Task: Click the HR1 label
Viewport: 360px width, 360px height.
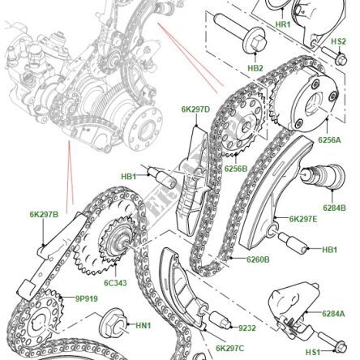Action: tap(282, 24)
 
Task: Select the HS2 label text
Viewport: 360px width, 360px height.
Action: tap(339, 41)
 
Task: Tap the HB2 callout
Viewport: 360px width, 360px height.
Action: tap(255, 68)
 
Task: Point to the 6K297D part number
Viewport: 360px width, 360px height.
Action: tap(195, 109)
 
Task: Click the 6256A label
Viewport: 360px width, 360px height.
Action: tap(328, 139)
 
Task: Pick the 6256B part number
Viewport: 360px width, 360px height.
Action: tap(235, 169)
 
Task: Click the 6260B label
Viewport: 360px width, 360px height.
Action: tap(258, 259)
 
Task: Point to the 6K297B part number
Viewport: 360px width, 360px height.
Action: tap(44, 214)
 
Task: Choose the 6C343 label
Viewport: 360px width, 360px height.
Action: tap(115, 283)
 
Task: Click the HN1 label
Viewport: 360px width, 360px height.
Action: tap(143, 325)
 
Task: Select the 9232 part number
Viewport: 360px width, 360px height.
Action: tap(247, 328)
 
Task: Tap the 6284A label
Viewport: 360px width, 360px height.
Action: tap(332, 313)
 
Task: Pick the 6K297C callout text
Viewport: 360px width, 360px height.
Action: tap(229, 349)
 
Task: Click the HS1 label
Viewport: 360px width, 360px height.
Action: tap(313, 352)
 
